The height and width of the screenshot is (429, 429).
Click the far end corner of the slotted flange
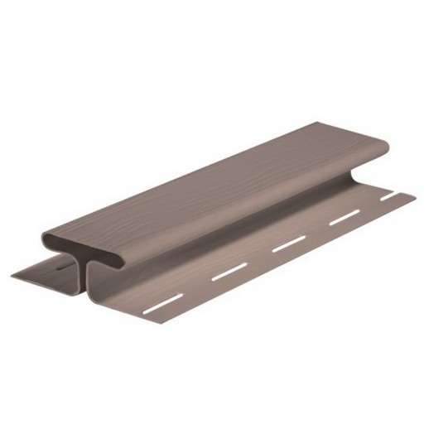click(413, 195)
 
